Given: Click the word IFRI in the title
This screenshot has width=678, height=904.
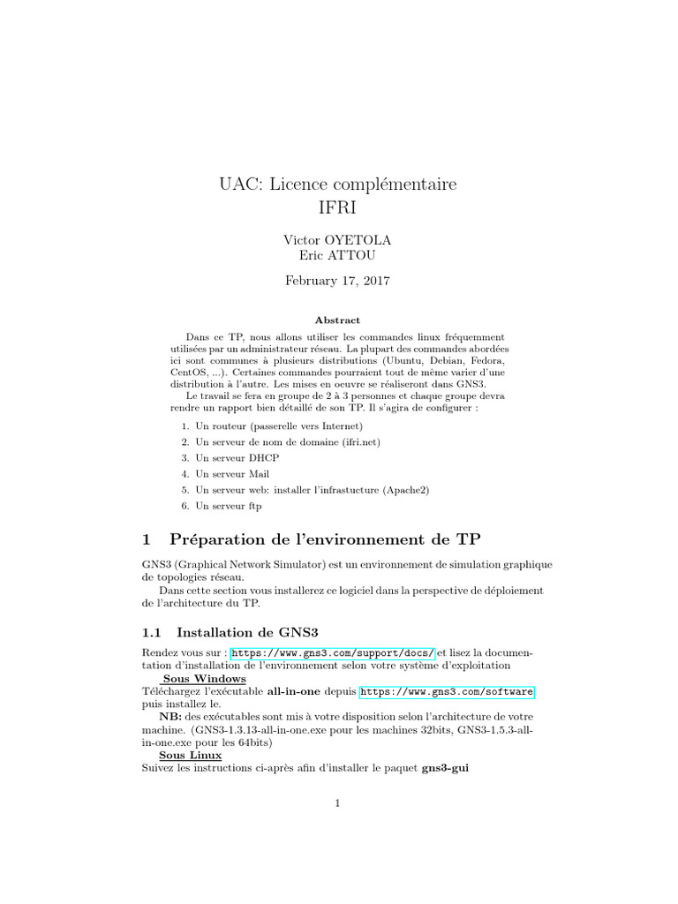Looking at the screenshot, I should [x=338, y=209].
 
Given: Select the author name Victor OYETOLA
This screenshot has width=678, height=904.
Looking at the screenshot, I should [x=339, y=240].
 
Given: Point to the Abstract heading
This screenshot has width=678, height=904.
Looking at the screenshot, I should [x=338, y=320].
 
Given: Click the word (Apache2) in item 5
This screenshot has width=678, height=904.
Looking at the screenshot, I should [x=407, y=490].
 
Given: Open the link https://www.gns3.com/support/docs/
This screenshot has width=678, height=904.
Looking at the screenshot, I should [x=332, y=652].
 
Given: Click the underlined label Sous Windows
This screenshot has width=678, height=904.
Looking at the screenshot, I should [x=205, y=678].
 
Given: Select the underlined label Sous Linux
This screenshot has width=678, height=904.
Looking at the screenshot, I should [x=190, y=756].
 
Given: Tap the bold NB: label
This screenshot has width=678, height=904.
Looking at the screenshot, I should [x=171, y=717].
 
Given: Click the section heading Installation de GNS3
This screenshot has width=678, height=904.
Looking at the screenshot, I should [x=247, y=631].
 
